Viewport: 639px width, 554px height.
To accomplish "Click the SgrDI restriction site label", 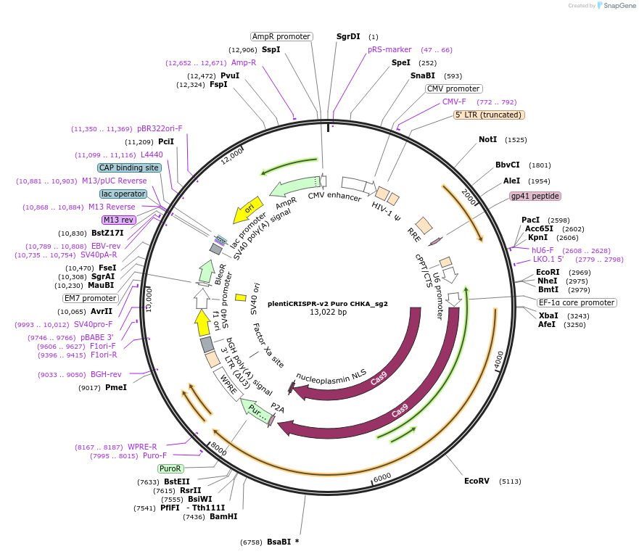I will [x=348, y=36].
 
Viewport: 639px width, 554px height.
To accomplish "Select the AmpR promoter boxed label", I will [x=281, y=36].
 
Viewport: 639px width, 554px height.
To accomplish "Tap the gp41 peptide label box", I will [x=535, y=196].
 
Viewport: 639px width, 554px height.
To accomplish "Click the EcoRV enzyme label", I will [x=477, y=481].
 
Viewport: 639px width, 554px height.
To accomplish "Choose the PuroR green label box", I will [x=170, y=468].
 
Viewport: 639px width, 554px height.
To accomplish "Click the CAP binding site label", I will [x=129, y=168].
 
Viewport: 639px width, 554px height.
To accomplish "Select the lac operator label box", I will [x=123, y=194].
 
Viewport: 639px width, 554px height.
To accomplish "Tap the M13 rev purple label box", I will [x=119, y=220].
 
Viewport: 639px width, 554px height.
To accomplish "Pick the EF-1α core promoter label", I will [x=577, y=302].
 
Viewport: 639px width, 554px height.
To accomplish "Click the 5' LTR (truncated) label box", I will [x=489, y=115].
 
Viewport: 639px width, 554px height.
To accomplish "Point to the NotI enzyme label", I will [x=487, y=139].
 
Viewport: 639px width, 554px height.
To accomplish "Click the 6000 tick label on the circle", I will [x=382, y=476].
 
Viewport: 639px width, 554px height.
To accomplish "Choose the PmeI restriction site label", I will [x=116, y=387].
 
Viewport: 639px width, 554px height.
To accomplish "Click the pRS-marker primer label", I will [x=389, y=49].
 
